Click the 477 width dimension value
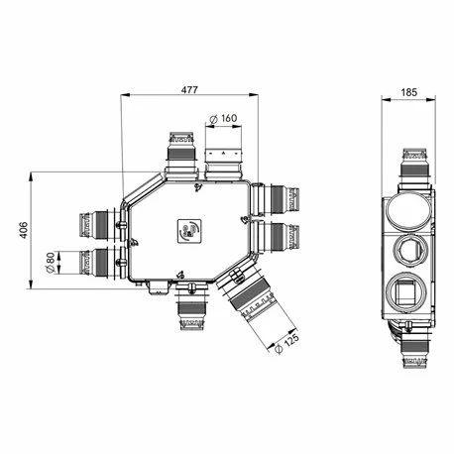[x=189, y=90]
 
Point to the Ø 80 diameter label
[x=50, y=263]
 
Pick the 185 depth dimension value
[x=409, y=92]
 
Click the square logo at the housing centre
[x=188, y=231]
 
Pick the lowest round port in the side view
[x=409, y=293]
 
